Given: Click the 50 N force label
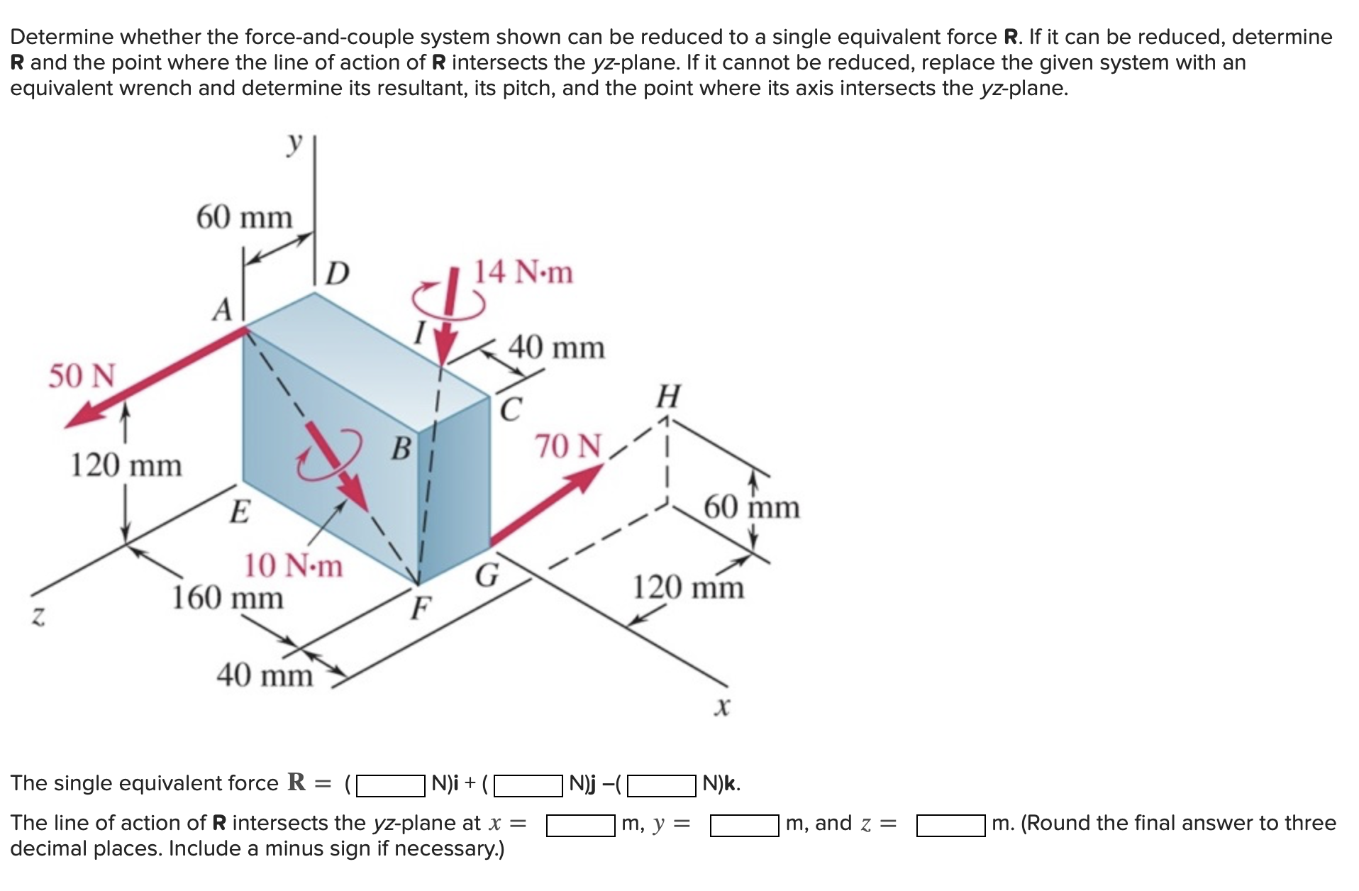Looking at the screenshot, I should (x=82, y=375).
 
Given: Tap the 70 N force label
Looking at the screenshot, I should (x=568, y=446).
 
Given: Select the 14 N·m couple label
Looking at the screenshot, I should (x=523, y=272).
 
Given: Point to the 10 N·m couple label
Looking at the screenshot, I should (x=293, y=566).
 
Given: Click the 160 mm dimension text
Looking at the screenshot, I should (x=228, y=597).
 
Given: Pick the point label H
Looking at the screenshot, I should (x=668, y=397).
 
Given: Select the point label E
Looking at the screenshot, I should (x=240, y=511).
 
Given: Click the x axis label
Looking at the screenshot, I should (x=722, y=707).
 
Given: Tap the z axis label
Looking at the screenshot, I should (x=38, y=618).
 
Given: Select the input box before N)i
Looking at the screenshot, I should (x=390, y=785).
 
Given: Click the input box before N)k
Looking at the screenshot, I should (x=661, y=785).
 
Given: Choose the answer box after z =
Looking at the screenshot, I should (x=950, y=825).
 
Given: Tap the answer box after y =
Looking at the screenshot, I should (x=744, y=825).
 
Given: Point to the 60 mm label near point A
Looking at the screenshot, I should (x=244, y=217).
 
